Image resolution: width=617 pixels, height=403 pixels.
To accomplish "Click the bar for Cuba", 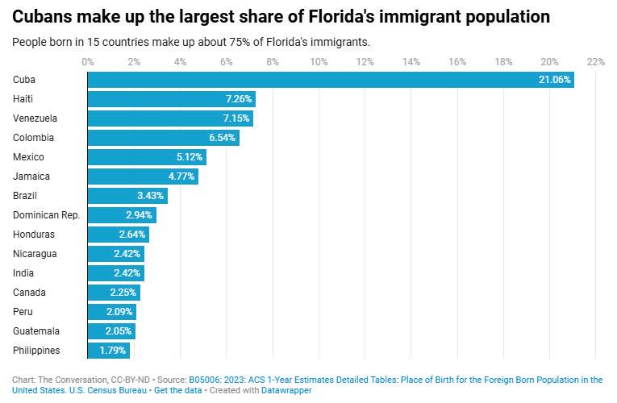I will [331, 79].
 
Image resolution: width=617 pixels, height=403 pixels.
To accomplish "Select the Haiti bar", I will [171, 99].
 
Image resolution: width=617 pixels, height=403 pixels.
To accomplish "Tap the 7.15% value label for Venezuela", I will [236, 118].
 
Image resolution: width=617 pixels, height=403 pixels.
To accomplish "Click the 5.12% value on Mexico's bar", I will [189, 157].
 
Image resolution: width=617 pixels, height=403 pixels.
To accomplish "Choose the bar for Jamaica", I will [143, 177].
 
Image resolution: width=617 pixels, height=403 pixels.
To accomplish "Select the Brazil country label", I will [26, 196].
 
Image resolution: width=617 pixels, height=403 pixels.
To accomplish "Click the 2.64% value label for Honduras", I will [131, 235].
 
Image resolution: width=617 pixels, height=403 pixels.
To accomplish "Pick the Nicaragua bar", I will [115, 254].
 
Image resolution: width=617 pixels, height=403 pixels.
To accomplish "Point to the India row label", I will [23, 273].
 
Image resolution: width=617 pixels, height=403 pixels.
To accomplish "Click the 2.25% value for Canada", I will [123, 293].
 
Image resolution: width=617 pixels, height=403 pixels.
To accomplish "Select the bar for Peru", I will [112, 312].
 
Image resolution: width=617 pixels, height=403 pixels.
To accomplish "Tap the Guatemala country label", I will [36, 331].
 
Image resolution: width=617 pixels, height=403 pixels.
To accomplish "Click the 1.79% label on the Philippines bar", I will [112, 351].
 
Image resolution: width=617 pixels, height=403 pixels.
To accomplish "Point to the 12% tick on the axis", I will [365, 62].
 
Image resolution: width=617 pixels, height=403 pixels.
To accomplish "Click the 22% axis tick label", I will [595, 62].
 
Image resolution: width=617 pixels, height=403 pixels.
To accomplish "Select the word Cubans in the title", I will [44, 16].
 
